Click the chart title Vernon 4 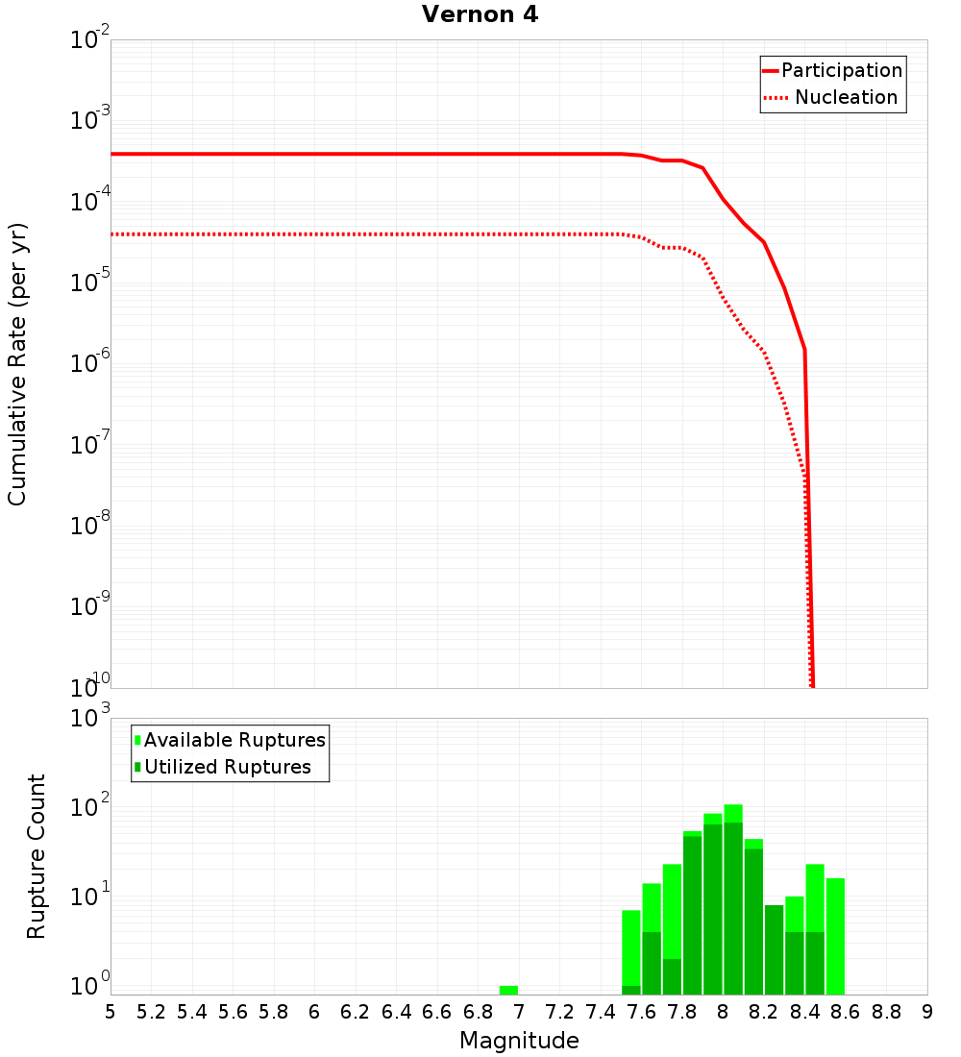[480, 14]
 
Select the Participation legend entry [841, 70]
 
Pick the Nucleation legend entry [845, 97]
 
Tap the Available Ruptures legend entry [234, 740]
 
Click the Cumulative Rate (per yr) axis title [17, 364]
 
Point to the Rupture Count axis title [37, 856]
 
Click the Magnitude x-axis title [519, 1040]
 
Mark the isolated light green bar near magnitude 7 [508, 990]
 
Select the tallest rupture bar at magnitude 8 [733, 899]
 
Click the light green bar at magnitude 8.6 [835, 936]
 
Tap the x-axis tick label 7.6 [642, 1011]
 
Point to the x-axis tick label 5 [111, 1011]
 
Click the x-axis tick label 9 [927, 1011]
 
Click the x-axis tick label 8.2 [764, 1011]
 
